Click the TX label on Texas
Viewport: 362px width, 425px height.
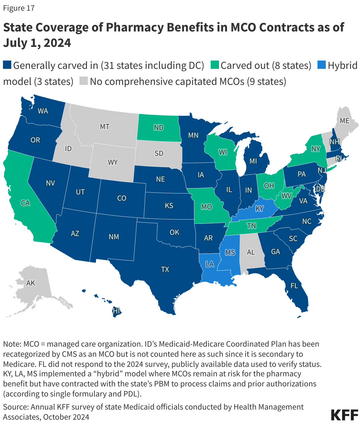pos(165,269)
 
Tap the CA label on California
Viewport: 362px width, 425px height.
pos(26,203)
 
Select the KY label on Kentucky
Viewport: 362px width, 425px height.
pos(259,208)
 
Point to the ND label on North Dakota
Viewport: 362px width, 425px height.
pos(159,128)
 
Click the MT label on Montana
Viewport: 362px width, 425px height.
pos(104,127)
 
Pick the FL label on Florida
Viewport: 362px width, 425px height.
pos(294,286)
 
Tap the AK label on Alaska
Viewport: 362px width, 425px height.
pos(31,283)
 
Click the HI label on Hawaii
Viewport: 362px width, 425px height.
pos(116,311)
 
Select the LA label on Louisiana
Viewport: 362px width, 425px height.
pos(209,264)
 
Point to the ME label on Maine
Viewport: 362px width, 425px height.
pos(344,121)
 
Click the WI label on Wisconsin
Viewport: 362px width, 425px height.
pos(223,152)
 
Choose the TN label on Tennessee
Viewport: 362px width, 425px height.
pos(251,226)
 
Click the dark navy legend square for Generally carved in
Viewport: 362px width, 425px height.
pos(7,65)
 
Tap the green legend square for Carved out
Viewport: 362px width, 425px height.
pos(215,65)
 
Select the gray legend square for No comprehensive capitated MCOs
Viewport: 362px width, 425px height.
pos(84,81)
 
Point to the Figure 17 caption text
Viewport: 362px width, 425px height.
pos(19,8)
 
